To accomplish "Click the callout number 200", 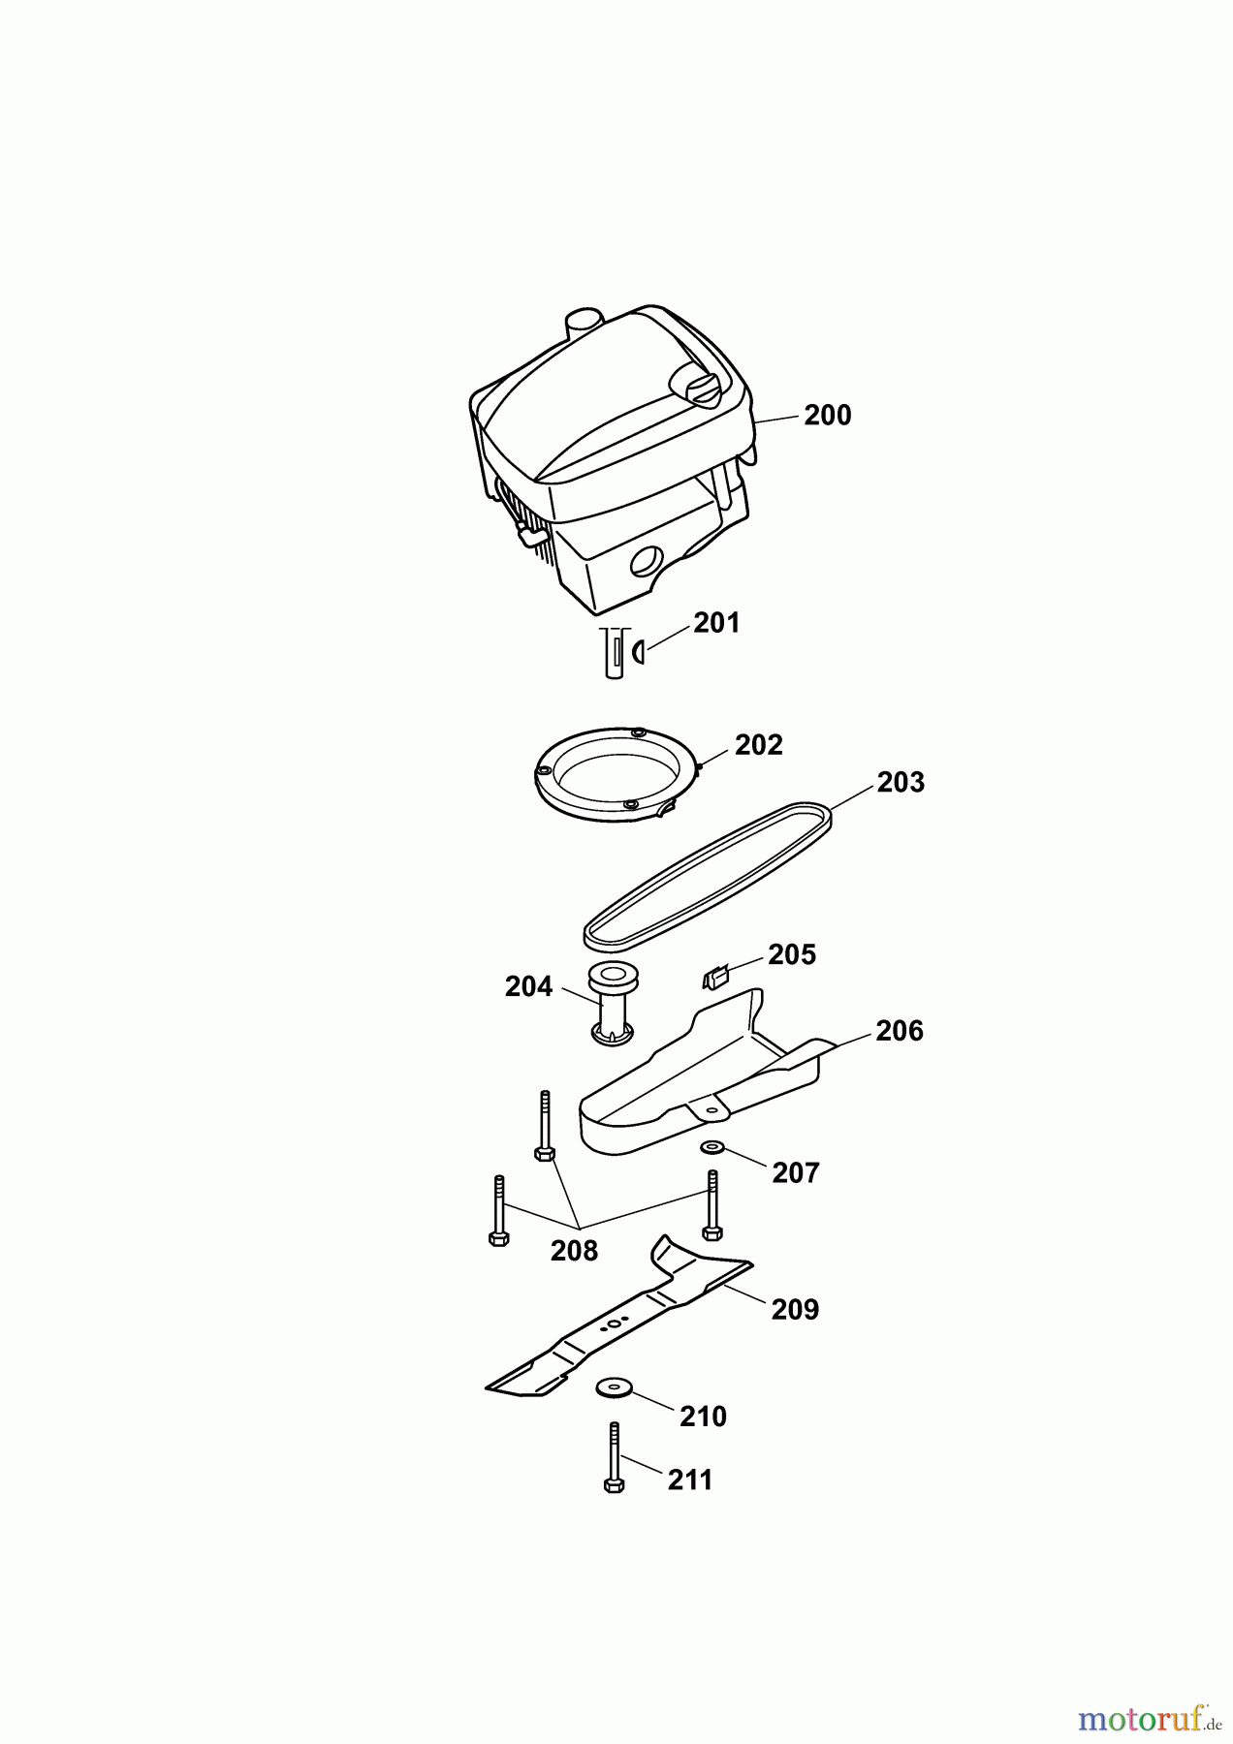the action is coord(827,415).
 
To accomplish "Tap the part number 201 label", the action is coord(716,623).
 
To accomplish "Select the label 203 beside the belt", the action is coord(901,783).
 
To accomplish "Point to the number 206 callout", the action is coord(899,1031).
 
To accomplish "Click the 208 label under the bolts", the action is coord(574,1251).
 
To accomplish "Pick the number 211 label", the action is coord(690,1480).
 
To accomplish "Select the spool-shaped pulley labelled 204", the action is coord(612,1003).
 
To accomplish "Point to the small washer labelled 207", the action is coord(712,1147).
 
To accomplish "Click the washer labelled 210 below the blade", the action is coord(614,1387).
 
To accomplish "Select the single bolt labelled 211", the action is coord(614,1457).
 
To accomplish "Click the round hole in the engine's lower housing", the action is coord(646,562).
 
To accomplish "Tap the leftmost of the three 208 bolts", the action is coord(498,1210).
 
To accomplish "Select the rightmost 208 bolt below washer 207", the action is coord(712,1204).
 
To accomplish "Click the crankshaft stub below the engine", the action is coord(614,651).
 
